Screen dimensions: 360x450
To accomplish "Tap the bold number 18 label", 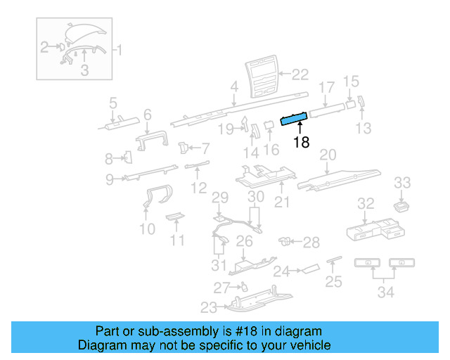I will pyautogui.click(x=301, y=143).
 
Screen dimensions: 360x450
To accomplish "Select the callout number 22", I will pyautogui.click(x=300, y=74).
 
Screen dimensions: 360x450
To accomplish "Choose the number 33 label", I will pyautogui.click(x=401, y=183).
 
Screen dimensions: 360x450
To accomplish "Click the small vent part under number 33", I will pyautogui.click(x=401, y=205).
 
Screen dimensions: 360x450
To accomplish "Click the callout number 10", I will pyautogui.click(x=147, y=229).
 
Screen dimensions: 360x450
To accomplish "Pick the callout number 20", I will pyautogui.click(x=328, y=154).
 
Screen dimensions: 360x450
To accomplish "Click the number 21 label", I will pyautogui.click(x=282, y=203).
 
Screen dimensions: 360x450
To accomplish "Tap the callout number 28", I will pyautogui.click(x=311, y=243).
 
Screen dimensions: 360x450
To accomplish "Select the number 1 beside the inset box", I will pyautogui.click(x=119, y=50).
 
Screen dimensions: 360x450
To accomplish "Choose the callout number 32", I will pyautogui.click(x=366, y=204).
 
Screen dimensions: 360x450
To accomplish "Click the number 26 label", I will pyautogui.click(x=243, y=242).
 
